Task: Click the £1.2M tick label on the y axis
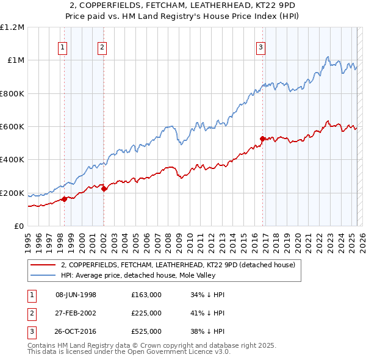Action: tap(12, 27)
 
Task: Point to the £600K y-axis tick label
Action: tap(12, 126)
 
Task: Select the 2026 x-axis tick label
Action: tap(361, 238)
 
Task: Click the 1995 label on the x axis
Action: tap(27, 238)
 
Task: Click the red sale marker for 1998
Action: tap(64, 199)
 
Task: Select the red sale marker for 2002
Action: tap(104, 189)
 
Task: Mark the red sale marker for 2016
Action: tap(262, 139)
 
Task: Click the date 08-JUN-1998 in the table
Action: tap(76, 295)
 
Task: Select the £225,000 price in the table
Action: tap(146, 313)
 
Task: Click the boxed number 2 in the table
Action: tap(31, 313)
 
